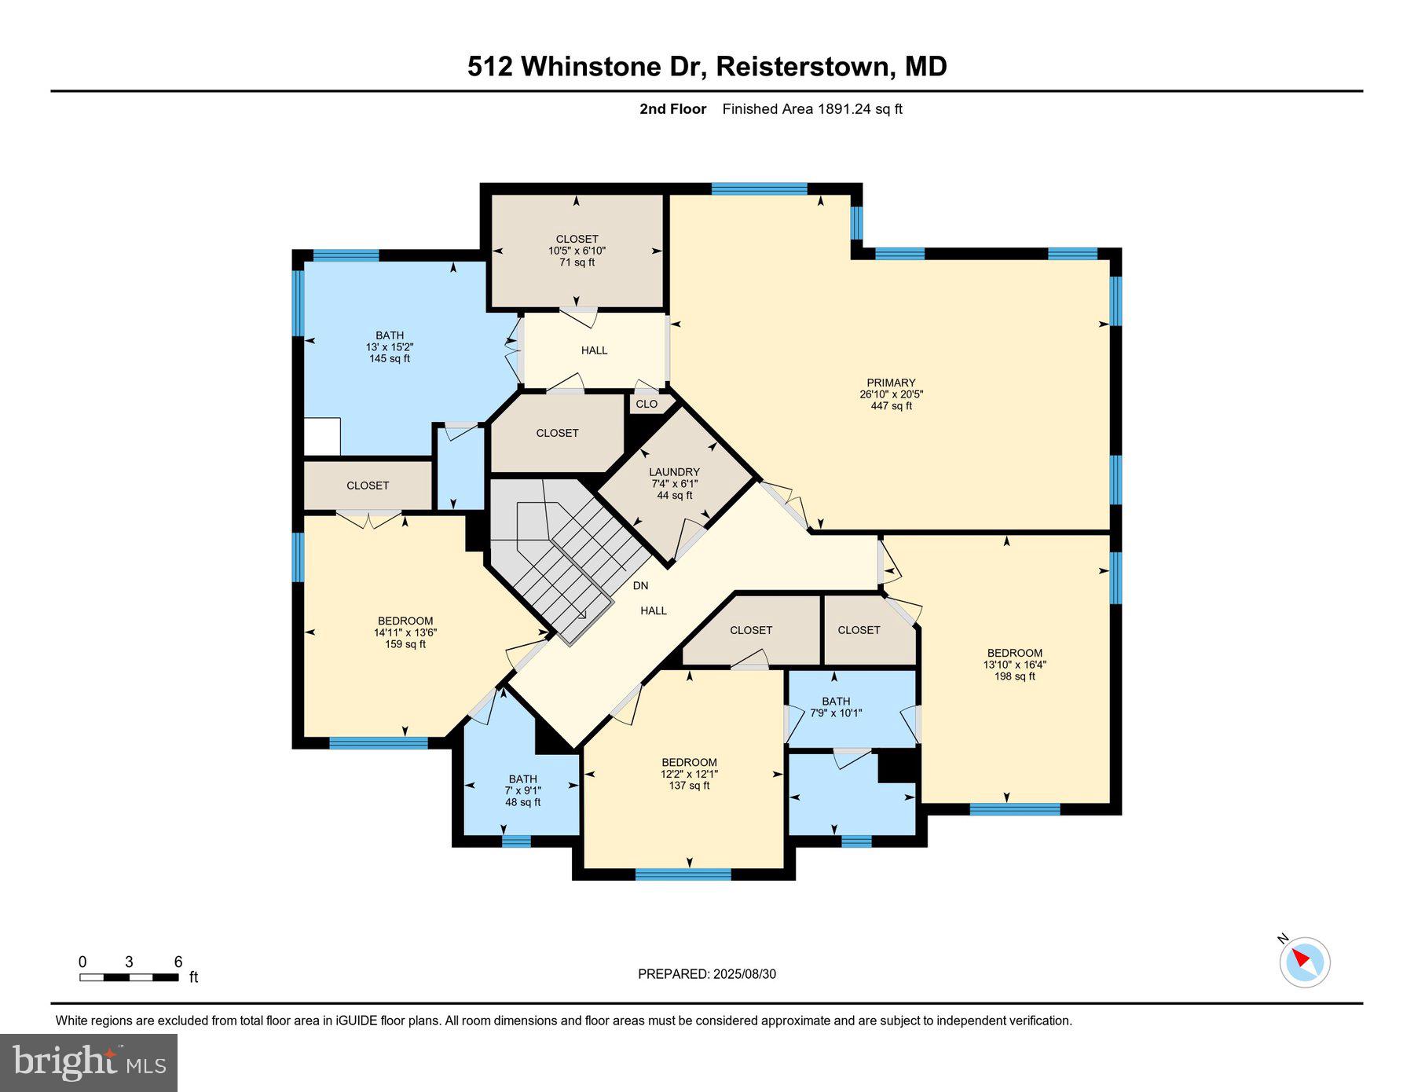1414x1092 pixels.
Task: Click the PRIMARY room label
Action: (891, 383)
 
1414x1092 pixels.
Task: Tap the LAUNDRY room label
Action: (673, 472)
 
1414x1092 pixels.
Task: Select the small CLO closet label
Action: (647, 404)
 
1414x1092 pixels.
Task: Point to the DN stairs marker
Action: (640, 585)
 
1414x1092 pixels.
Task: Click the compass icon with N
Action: (1304, 961)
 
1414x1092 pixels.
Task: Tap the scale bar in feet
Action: (130, 977)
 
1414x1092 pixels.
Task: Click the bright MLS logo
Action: (89, 1062)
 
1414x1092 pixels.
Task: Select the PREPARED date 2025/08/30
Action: (707, 974)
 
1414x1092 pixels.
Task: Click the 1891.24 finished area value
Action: (844, 109)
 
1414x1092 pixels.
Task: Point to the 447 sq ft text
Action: (891, 406)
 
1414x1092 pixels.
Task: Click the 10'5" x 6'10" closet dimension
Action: (577, 251)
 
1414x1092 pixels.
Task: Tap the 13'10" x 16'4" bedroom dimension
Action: (1014, 665)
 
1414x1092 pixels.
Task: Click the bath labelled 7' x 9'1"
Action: (522, 790)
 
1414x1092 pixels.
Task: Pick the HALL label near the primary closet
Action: (594, 350)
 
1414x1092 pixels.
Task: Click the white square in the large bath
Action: (322, 437)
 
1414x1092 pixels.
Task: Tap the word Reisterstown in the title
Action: (805, 67)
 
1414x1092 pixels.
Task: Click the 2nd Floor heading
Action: (672, 109)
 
